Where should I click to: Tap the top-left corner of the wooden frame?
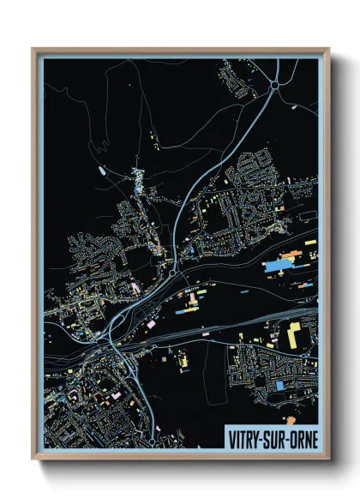coord(33,49)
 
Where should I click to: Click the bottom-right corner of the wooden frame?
coord(328,459)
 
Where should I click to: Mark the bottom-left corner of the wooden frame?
coord(33,459)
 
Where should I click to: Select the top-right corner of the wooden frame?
coord(328,49)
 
